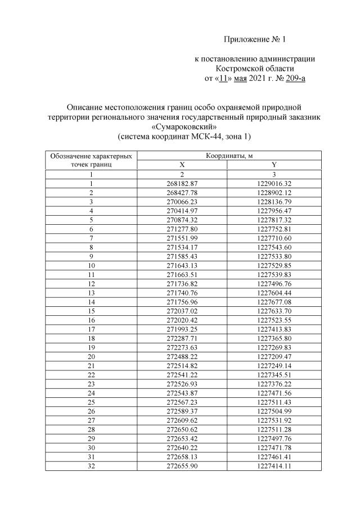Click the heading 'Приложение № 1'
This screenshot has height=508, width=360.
click(255, 39)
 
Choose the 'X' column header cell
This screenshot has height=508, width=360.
click(182, 165)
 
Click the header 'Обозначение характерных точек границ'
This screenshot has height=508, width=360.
click(91, 160)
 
